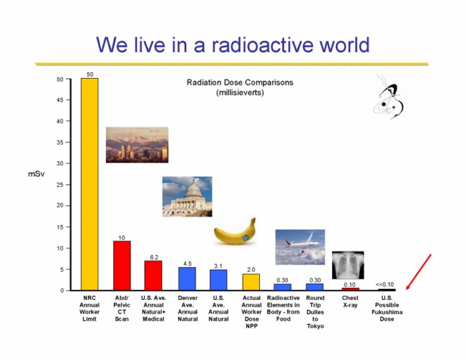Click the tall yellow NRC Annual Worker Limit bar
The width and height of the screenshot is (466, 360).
[x=89, y=184]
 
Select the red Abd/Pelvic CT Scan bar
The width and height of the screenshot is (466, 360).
[x=122, y=265]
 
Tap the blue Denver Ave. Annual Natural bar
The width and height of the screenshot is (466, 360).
[x=187, y=279]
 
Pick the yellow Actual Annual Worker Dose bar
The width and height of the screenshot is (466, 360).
[x=251, y=282]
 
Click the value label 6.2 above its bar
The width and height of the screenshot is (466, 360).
[x=154, y=257]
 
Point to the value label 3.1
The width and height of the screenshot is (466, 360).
[x=218, y=266]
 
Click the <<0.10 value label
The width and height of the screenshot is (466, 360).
[x=385, y=285]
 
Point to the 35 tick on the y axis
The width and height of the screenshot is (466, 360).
[x=60, y=143]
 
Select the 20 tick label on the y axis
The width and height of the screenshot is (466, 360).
[x=60, y=205]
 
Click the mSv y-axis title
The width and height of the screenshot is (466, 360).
[x=36, y=174]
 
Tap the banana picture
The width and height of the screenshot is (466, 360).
[x=235, y=232]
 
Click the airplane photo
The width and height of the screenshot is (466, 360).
[x=300, y=247]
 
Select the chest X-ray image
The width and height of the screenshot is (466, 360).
[x=348, y=265]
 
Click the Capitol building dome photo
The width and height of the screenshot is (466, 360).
[x=187, y=197]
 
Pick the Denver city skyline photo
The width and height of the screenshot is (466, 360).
[x=137, y=145]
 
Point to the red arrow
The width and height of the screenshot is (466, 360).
[x=419, y=272]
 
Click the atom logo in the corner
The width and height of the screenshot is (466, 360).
[x=389, y=97]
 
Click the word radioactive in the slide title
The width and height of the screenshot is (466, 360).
[x=263, y=45]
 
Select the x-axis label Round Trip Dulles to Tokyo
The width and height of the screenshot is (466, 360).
[x=315, y=312]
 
